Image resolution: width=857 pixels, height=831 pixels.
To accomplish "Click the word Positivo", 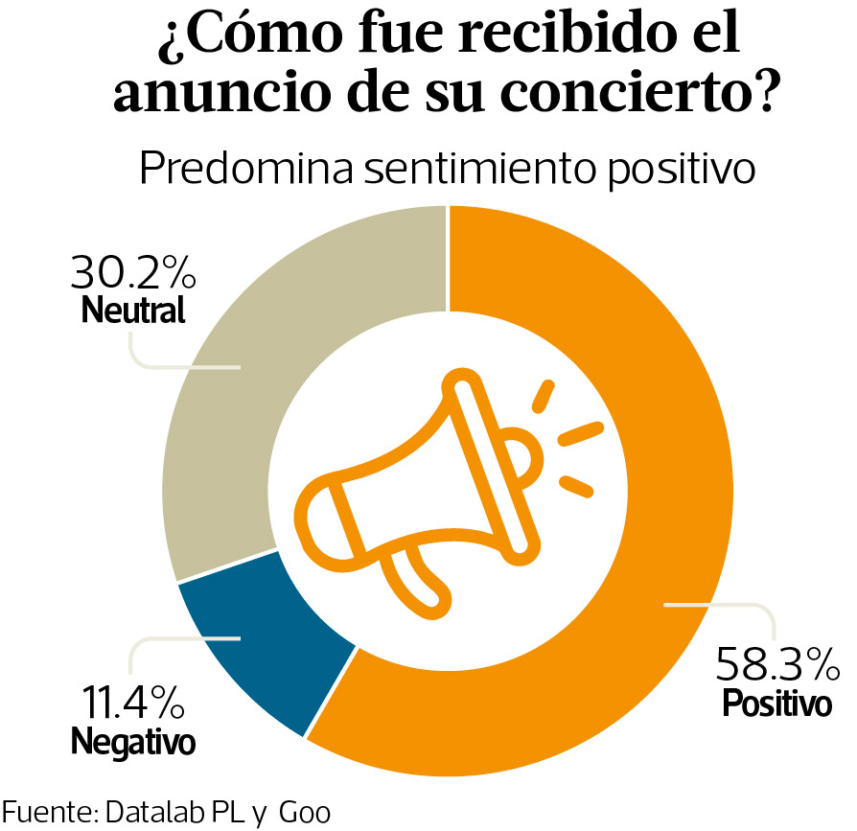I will pos(776,704).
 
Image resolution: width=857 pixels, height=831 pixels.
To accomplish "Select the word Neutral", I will pos(133,311).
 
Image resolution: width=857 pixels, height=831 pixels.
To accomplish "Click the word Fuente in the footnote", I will pos(46,813).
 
